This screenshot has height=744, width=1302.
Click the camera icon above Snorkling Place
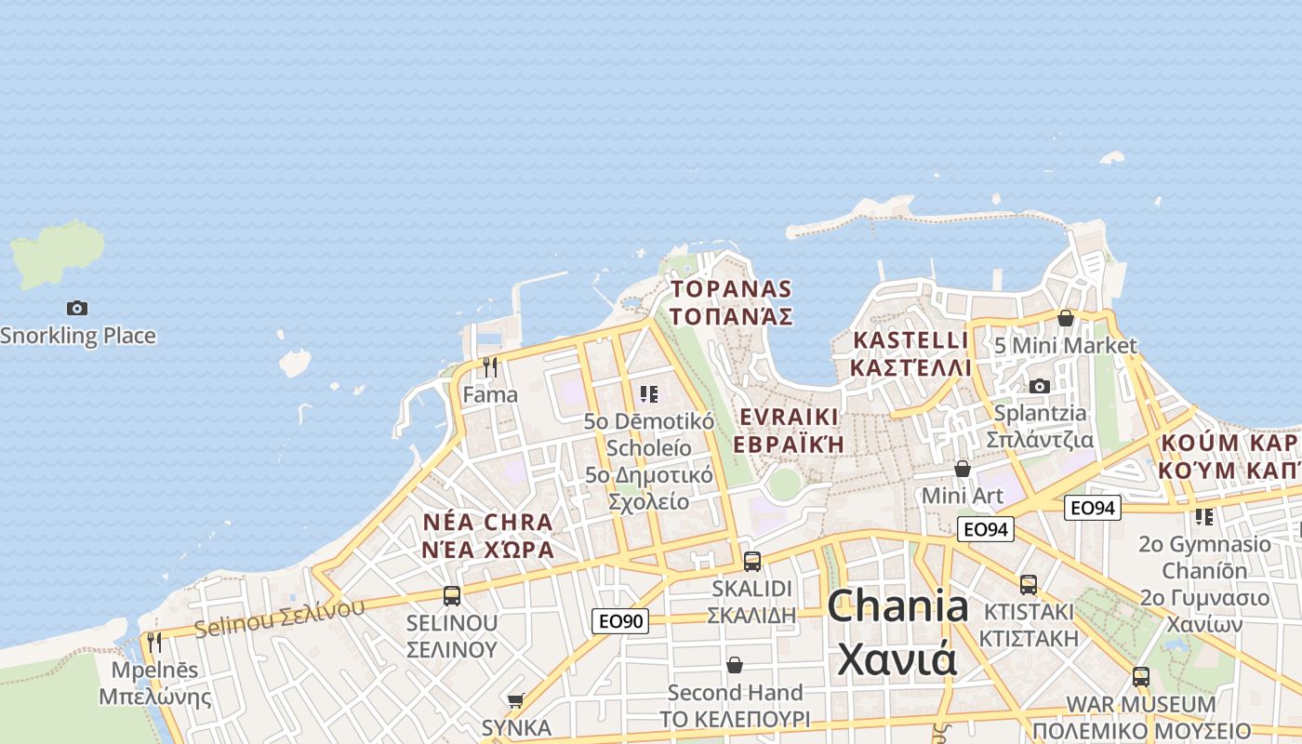pyautogui.click(x=77, y=308)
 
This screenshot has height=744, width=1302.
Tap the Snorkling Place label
pyautogui.click(x=78, y=336)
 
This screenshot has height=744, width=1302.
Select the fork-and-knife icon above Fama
pyautogui.click(x=490, y=366)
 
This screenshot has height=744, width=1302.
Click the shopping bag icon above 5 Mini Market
pyautogui.click(x=1066, y=318)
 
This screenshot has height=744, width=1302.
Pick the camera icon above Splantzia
pyautogui.click(x=1040, y=386)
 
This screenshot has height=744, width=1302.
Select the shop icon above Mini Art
pyautogui.click(x=963, y=469)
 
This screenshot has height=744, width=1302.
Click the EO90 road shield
pyautogui.click(x=619, y=621)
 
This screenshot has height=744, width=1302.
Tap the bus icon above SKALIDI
pyautogui.click(x=752, y=562)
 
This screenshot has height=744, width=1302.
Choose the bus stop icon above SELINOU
pyautogui.click(x=452, y=596)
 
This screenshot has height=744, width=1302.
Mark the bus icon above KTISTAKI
pyautogui.click(x=1029, y=585)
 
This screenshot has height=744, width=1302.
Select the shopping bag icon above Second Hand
pyautogui.click(x=735, y=665)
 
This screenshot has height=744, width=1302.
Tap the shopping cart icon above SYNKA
pyautogui.click(x=517, y=700)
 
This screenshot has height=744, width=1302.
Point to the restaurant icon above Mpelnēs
pyautogui.click(x=154, y=642)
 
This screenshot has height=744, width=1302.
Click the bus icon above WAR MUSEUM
pyautogui.click(x=1141, y=677)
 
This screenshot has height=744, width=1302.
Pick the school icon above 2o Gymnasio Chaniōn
pyautogui.click(x=1204, y=516)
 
